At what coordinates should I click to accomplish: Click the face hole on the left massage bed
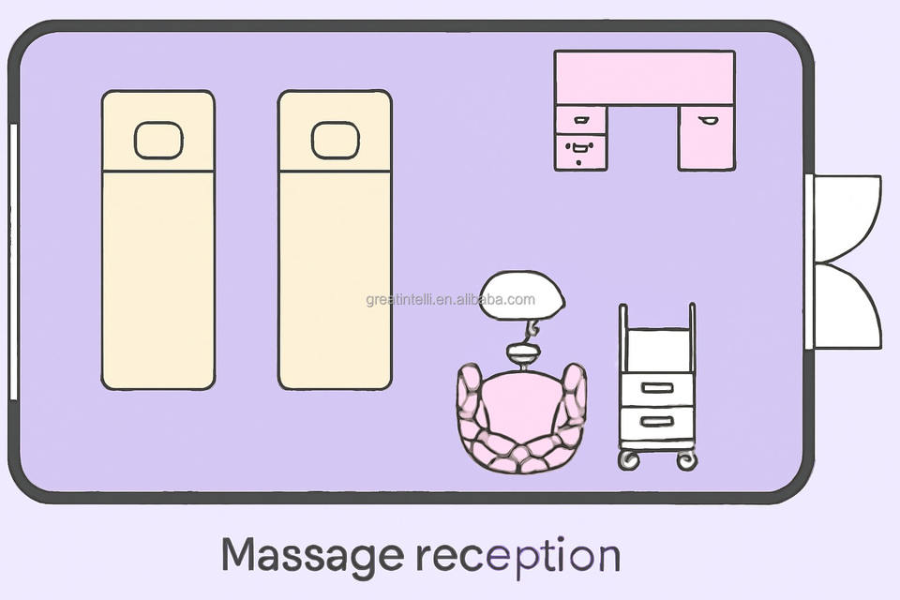(158, 140)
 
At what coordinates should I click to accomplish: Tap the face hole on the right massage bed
(335, 140)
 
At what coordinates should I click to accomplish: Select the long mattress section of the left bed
(158, 278)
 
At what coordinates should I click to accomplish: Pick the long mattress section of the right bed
(335, 278)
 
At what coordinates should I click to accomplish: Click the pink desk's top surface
(644, 78)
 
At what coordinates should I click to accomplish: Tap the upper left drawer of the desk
(580, 119)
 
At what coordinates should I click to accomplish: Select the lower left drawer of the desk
(580, 151)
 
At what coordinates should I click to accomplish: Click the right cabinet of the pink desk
(706, 137)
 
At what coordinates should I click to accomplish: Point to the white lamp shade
(522, 294)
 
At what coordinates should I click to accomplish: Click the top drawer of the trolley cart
(657, 388)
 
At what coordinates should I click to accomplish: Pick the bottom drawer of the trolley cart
(657, 423)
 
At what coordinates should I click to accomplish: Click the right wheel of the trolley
(687, 459)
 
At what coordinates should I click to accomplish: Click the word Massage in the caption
(313, 556)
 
